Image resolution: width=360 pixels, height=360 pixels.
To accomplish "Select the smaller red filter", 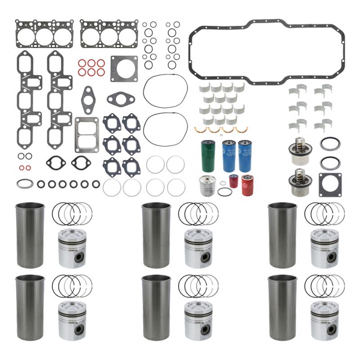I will (234, 181).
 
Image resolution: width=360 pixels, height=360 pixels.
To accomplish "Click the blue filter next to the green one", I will (229, 156).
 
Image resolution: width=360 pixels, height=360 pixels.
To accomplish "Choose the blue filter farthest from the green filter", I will (245, 156).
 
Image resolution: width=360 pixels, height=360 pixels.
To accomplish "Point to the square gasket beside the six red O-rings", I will (124, 68).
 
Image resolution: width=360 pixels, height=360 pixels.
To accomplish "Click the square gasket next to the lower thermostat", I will (330, 184).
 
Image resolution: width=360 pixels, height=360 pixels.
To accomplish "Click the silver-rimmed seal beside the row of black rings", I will (24, 184).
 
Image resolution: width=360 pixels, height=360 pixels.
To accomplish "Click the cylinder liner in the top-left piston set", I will (30, 235).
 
